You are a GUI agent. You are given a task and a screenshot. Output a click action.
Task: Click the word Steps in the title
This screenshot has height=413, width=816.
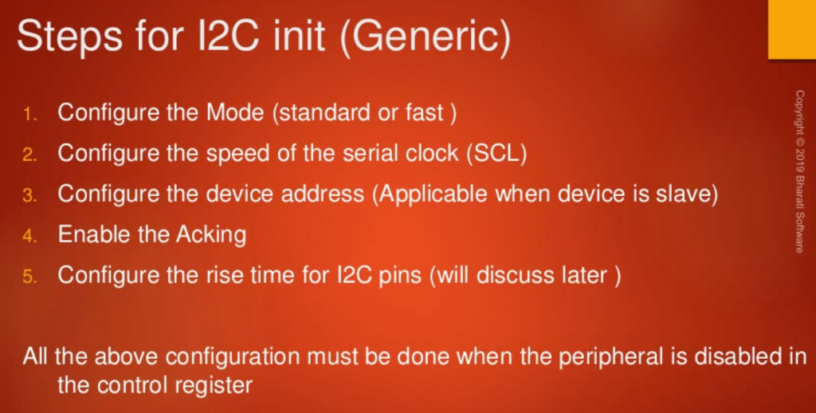[x=70, y=37]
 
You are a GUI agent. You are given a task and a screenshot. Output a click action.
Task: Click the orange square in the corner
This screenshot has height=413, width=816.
[x=792, y=29]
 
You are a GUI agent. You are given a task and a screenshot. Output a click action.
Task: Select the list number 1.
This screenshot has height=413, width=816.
[x=29, y=114]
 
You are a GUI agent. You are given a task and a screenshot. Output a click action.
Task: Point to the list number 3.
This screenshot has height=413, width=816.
[x=29, y=195]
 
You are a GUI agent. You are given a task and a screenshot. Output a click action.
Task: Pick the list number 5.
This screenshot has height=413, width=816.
[x=29, y=277]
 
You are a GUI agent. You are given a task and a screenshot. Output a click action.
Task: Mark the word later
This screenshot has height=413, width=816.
[x=582, y=274]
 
